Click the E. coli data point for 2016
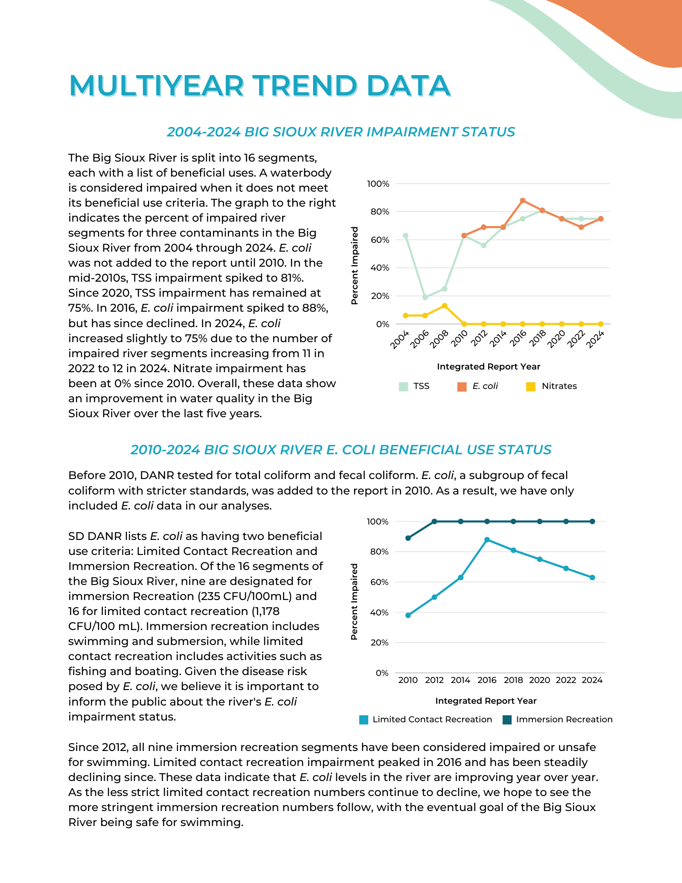(x=523, y=200)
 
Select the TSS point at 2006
(x=425, y=297)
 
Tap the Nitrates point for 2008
(x=445, y=306)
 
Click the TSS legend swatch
(x=403, y=387)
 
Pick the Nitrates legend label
(x=559, y=386)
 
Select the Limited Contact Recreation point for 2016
(x=487, y=540)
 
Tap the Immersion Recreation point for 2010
(x=408, y=538)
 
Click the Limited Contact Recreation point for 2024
(x=592, y=577)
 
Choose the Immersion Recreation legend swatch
(x=507, y=720)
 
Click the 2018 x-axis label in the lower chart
(x=513, y=680)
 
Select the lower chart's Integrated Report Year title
(x=486, y=701)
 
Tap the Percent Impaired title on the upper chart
(x=354, y=266)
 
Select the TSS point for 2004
(x=406, y=236)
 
